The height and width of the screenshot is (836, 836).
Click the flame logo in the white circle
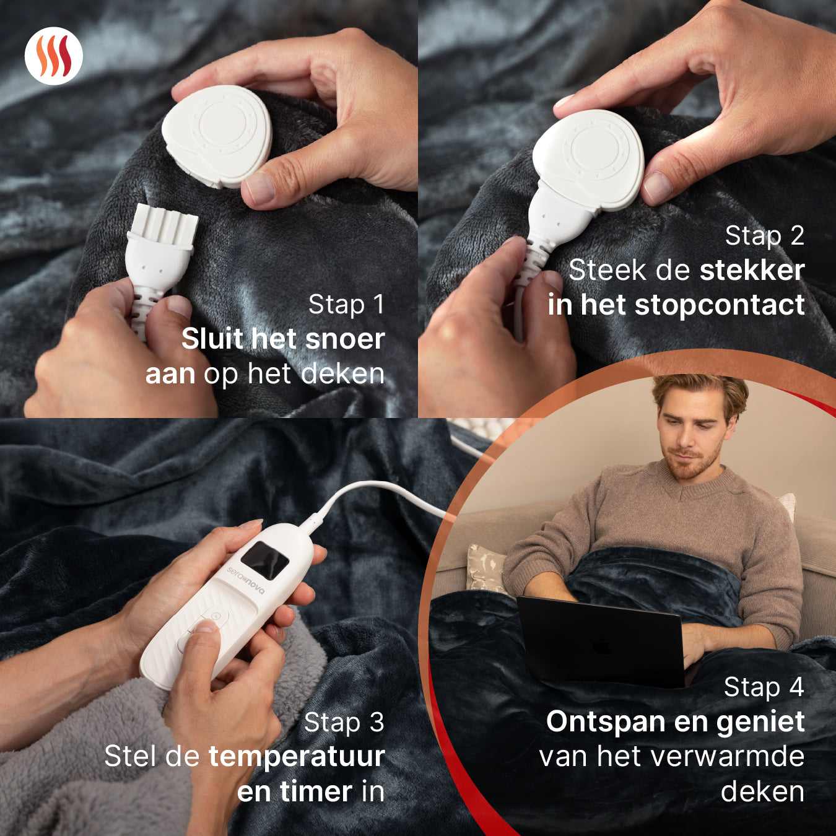click(x=53, y=56)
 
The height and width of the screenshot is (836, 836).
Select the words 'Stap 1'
click(x=346, y=305)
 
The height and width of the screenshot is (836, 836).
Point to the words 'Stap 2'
click(x=764, y=236)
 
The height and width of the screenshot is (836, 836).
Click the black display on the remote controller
click(x=264, y=560)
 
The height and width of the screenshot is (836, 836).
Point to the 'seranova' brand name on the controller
click(x=245, y=581)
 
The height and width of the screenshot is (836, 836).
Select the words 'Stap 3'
click(x=344, y=723)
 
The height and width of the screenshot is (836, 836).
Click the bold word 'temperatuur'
click(x=297, y=757)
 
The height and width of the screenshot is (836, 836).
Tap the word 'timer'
click(x=316, y=792)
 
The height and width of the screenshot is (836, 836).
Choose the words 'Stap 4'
click(x=764, y=687)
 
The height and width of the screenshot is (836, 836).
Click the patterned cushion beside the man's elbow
click(x=486, y=567)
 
